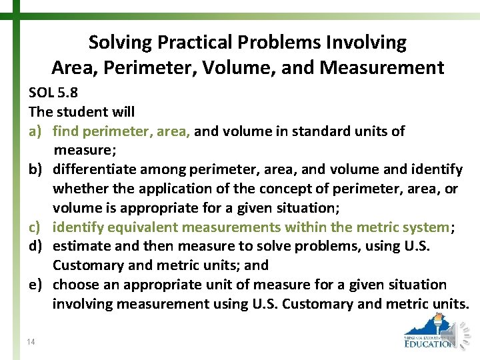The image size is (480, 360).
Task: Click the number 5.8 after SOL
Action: point(69,93)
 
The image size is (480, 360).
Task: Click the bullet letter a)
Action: point(36,131)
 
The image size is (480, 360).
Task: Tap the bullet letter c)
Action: point(36,227)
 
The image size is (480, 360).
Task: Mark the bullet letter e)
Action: point(36,285)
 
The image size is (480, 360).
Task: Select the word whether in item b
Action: point(79,189)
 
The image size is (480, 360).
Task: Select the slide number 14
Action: point(31,342)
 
